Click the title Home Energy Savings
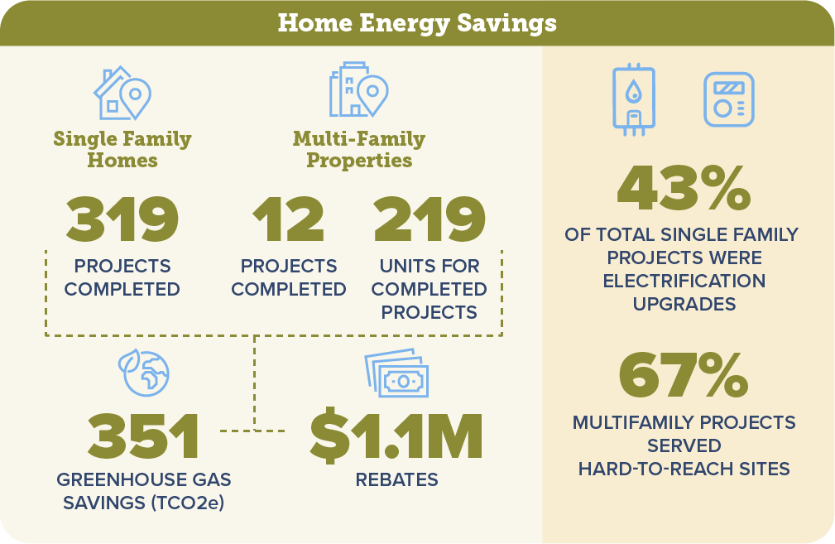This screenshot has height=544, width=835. pyautogui.click(x=417, y=23)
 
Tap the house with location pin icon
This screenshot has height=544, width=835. pyautogui.click(x=122, y=93)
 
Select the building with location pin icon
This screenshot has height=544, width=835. pyautogui.click(x=358, y=89)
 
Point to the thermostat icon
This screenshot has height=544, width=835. pyautogui.click(x=728, y=99)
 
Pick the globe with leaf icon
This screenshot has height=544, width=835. pyautogui.click(x=144, y=373)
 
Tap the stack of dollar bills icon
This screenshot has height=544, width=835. pyautogui.click(x=396, y=373)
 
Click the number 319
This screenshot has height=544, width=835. pyautogui.click(x=122, y=219)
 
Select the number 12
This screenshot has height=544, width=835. pyautogui.click(x=288, y=219)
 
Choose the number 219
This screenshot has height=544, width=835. pyautogui.click(x=429, y=219)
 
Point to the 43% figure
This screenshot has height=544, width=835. pyautogui.click(x=684, y=188)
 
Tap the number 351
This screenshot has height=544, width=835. pyautogui.click(x=144, y=436)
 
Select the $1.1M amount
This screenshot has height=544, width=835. pyautogui.click(x=396, y=436)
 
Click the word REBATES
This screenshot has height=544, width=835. pyautogui.click(x=396, y=479)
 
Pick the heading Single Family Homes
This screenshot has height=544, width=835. pyautogui.click(x=122, y=149)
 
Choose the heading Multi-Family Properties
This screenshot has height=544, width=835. pyautogui.click(x=359, y=149)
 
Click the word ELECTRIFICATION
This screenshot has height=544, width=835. pyautogui.click(x=684, y=281)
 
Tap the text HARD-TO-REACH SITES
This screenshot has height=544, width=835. pyautogui.click(x=684, y=469)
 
